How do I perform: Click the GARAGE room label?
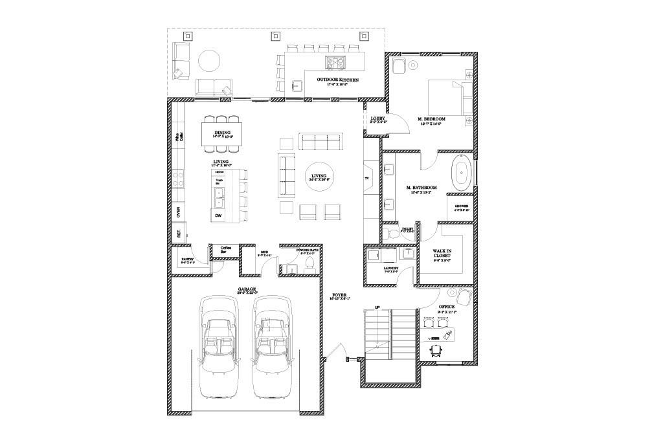(x=246, y=290)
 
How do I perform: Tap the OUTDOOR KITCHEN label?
(x=337, y=80)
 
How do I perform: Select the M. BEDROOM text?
(x=431, y=119)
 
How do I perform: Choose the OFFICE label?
(x=446, y=307)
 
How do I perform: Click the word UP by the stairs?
(x=376, y=307)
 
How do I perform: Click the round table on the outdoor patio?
(x=209, y=61)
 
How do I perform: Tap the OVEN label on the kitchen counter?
(x=178, y=212)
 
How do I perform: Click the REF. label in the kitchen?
(x=178, y=233)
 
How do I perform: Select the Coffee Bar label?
(x=226, y=250)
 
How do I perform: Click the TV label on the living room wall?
(x=367, y=178)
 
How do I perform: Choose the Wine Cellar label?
(x=177, y=137)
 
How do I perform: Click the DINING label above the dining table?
(x=222, y=133)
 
